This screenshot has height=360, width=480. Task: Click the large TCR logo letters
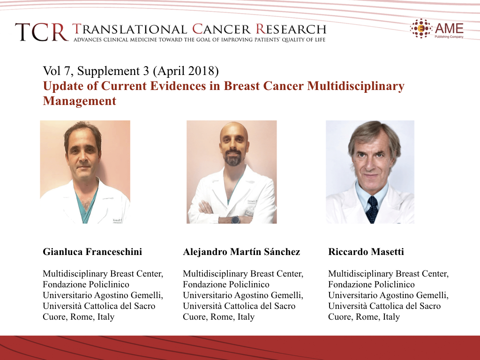pyautogui.click(x=42, y=32)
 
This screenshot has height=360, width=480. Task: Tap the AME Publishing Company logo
pyautogui.click(x=437, y=29)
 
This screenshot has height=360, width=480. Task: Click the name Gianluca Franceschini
pyautogui.click(x=92, y=252)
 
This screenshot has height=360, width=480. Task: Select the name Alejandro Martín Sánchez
pyautogui.click(x=241, y=252)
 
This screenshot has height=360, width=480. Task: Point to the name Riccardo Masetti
pyautogui.click(x=366, y=252)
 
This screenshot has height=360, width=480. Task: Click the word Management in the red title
pyautogui.click(x=80, y=101)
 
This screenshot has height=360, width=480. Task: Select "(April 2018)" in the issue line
pyautogui.click(x=186, y=71)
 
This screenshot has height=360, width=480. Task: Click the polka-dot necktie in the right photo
pyautogui.click(x=372, y=210)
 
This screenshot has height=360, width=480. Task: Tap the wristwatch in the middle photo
pyautogui.click(x=235, y=219)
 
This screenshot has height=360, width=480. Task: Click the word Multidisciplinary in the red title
pyautogui.click(x=356, y=86)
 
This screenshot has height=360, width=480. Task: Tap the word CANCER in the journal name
pyautogui.click(x=221, y=30)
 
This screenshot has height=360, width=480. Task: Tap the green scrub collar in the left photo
pyautogui.click(x=86, y=203)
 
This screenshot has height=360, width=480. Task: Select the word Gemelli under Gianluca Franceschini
pyautogui.click(x=147, y=295)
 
